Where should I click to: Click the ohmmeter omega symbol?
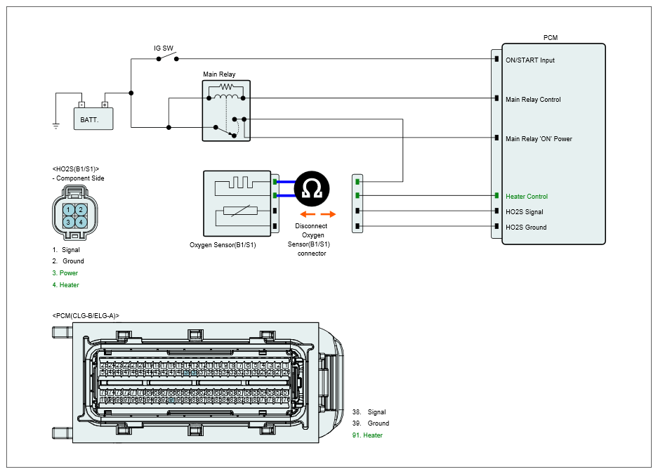point(310,187)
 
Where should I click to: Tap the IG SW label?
point(164,48)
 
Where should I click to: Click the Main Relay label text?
point(219,74)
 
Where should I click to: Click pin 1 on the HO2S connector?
point(68,209)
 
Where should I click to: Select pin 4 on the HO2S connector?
point(81,222)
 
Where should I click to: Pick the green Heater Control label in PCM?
point(527,197)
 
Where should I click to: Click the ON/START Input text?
point(530,60)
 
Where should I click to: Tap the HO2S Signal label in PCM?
point(525,212)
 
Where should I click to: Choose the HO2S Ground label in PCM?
point(526,228)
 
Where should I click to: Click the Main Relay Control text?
point(533,100)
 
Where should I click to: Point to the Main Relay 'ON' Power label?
point(539,139)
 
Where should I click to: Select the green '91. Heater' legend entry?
point(367,435)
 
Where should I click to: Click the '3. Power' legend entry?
point(65,273)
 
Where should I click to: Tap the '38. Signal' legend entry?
point(369,412)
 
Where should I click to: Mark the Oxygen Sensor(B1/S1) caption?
point(223,245)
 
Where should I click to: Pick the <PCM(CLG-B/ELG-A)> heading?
point(86,316)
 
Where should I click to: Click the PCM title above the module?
point(551,37)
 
